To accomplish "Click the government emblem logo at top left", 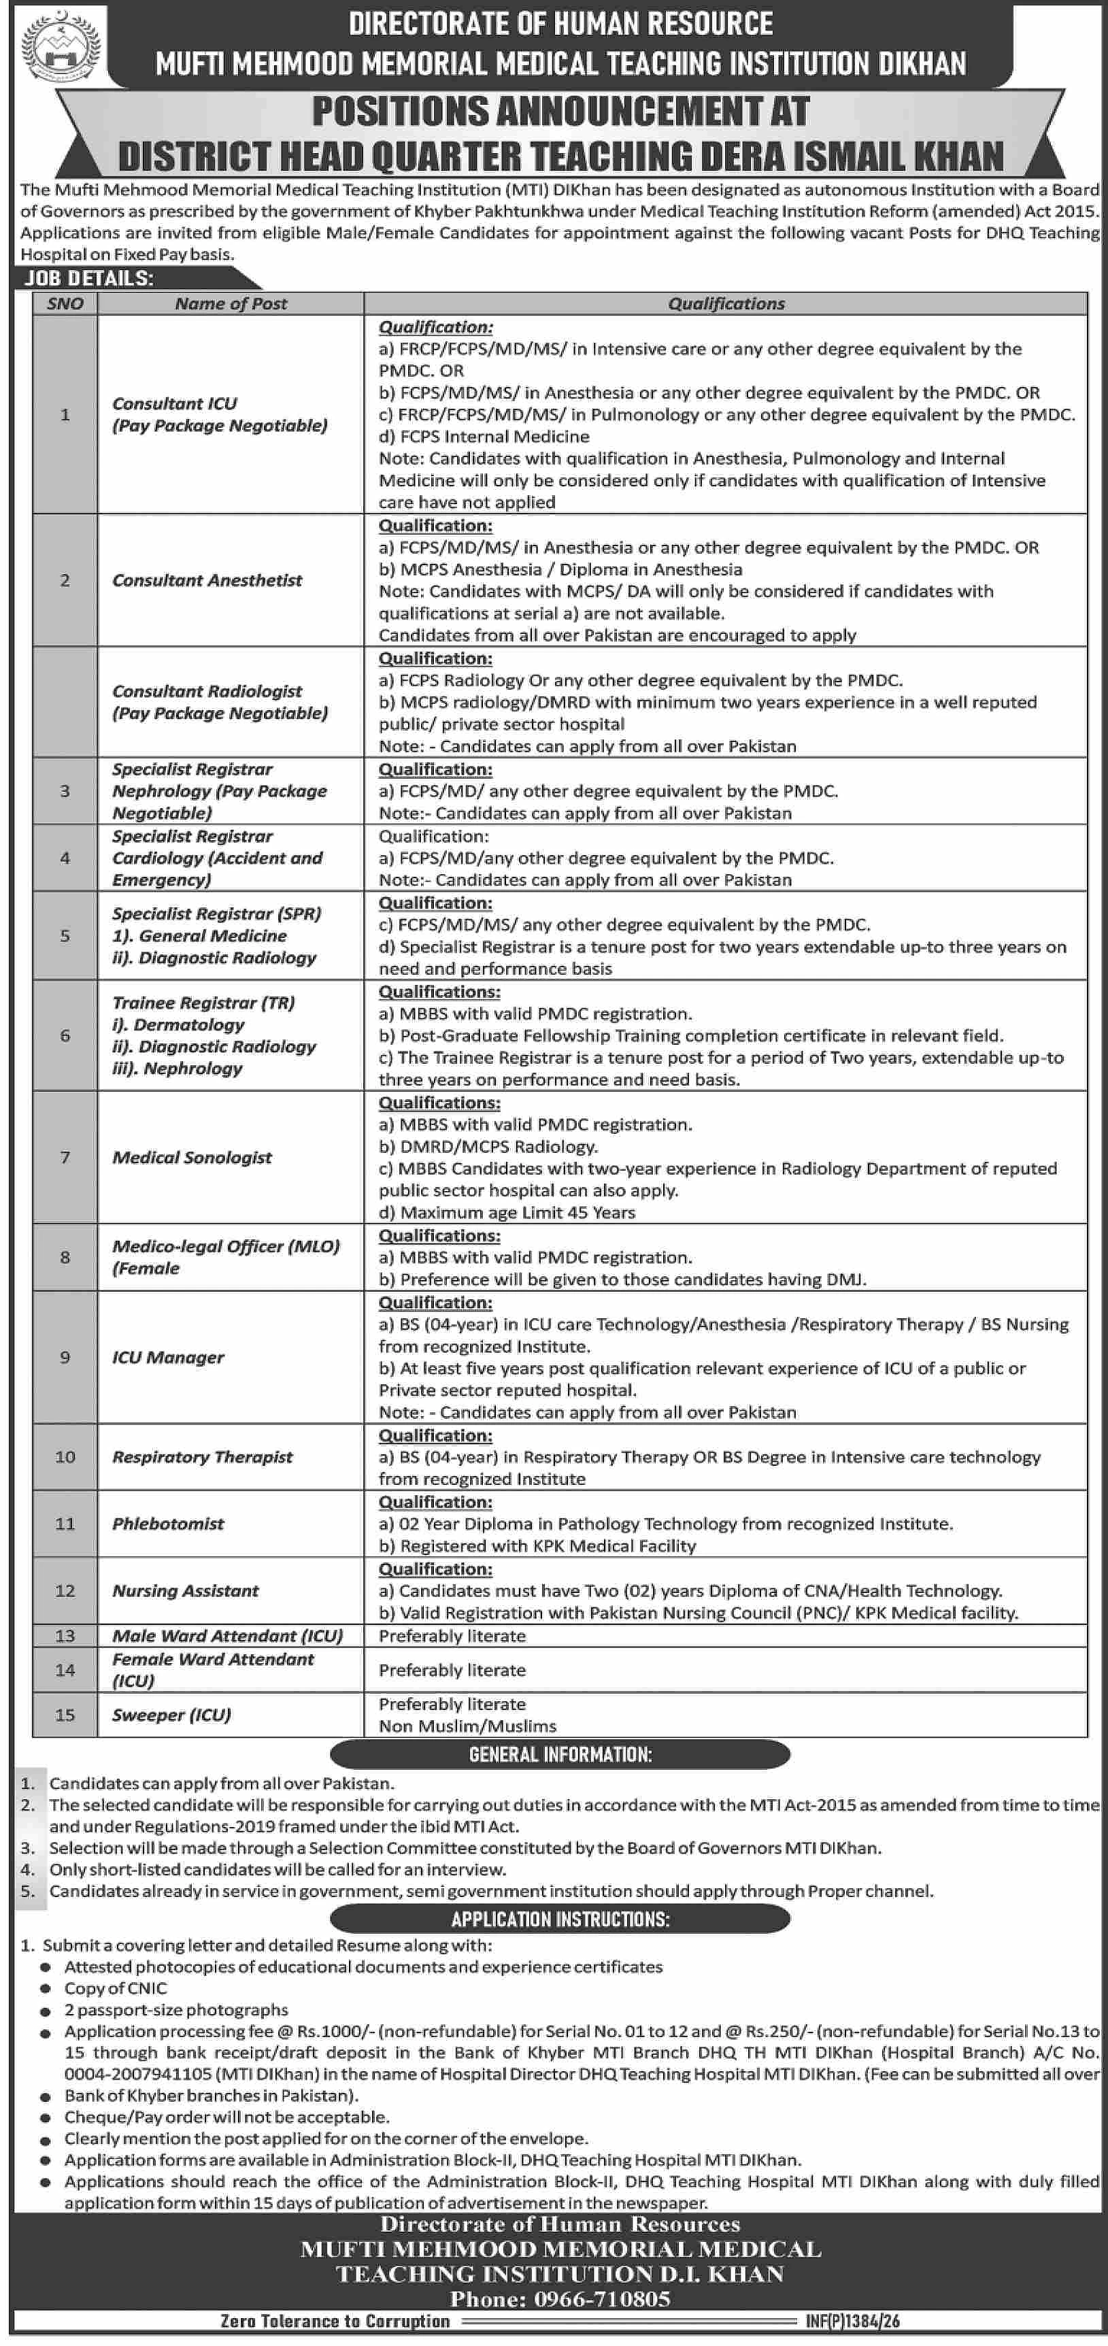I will (x=61, y=46).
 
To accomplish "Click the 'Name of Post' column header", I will (x=231, y=304).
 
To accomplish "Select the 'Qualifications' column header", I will (x=726, y=304).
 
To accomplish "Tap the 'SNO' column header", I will (x=65, y=304).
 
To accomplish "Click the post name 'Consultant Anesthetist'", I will (x=207, y=580).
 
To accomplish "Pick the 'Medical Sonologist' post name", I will (x=192, y=1158).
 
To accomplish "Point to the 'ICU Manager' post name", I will (x=167, y=1357).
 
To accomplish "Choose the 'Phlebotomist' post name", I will (x=167, y=1524).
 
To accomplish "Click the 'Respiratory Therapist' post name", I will (x=202, y=1457).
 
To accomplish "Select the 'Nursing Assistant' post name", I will (x=185, y=1591).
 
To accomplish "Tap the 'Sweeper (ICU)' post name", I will (x=171, y=1715).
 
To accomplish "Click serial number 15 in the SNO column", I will (x=65, y=1715).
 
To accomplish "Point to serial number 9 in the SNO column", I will (x=65, y=1357).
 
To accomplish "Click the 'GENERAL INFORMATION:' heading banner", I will (x=560, y=1754).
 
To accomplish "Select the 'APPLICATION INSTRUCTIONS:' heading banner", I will (x=560, y=1919).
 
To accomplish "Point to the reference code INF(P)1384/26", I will (x=852, y=2322).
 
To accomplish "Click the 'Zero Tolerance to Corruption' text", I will (x=335, y=2322).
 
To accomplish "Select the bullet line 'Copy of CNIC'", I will (x=116, y=1988).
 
